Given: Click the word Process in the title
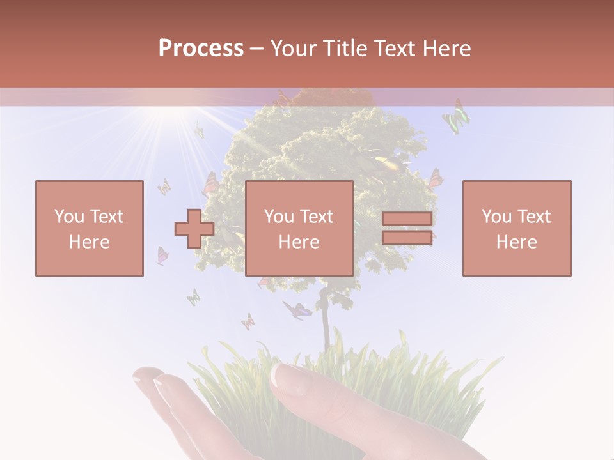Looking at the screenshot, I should point(201,49).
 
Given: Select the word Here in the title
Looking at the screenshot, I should point(446,49).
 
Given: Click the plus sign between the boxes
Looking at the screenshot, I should point(194,229).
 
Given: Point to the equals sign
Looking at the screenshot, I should point(407,229).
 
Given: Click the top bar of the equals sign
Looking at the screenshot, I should point(407,220).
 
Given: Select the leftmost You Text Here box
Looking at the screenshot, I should point(89,228).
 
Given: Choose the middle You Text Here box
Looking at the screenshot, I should point(299,228).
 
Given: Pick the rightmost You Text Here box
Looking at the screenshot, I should point(516,228).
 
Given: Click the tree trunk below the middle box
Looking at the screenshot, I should point(326,319).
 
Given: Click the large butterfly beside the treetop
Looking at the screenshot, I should point(456,117).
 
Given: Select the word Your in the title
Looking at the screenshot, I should point(294,49).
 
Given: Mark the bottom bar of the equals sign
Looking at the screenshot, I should point(407,237).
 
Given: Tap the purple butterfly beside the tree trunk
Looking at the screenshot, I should point(297,310).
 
